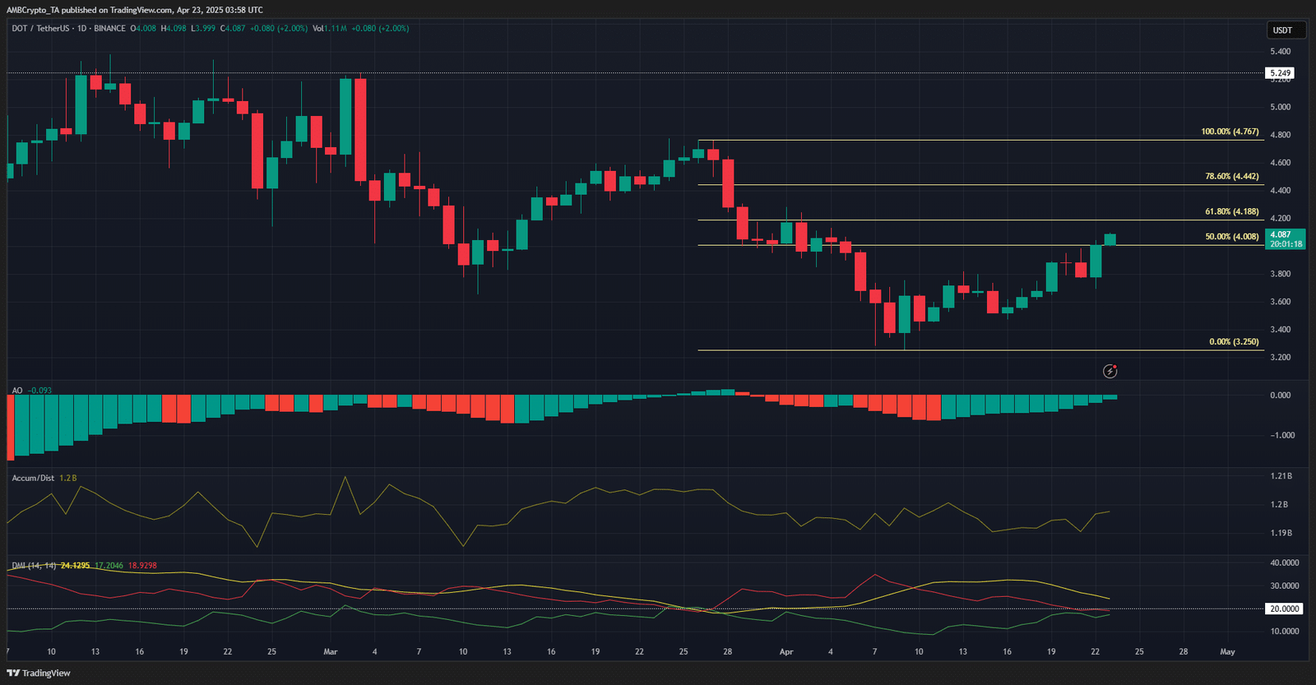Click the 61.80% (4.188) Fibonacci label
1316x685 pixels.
[1231, 212]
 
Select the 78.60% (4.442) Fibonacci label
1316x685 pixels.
[1231, 177]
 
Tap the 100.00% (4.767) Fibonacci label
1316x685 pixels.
[1230, 132]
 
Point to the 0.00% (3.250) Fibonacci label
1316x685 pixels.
[1234, 342]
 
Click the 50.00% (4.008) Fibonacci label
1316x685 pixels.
[1231, 237]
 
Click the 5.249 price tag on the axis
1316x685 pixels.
[1281, 73]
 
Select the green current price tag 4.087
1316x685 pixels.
[1281, 234]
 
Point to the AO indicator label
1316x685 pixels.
[17, 391]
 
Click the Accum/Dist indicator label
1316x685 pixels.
[33, 478]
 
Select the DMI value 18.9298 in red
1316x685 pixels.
[142, 566]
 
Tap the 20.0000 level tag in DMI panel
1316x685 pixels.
[1284, 609]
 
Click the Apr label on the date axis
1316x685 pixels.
[786, 652]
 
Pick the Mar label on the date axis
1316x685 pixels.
[331, 652]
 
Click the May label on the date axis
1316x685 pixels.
[1227, 652]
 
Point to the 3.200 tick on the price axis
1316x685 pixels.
[1280, 358]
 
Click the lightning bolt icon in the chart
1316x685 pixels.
[1110, 372]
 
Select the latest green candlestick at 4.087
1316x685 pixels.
[1110, 239]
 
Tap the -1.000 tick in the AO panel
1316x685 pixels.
[1282, 436]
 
